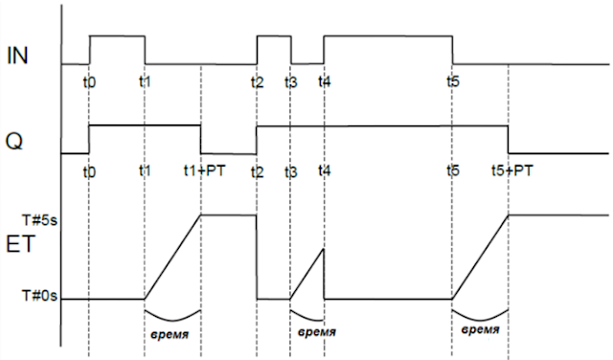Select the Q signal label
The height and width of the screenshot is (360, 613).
tap(15, 141)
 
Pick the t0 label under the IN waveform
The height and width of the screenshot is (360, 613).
tap(89, 81)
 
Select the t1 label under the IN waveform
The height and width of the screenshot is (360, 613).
tap(145, 81)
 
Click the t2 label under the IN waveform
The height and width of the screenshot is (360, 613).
tap(257, 81)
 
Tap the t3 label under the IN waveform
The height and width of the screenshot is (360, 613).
tap(291, 81)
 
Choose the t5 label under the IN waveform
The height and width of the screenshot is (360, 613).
tap(452, 81)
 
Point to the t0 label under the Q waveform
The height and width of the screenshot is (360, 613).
tap(89, 170)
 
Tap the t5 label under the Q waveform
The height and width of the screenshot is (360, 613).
tap(452, 170)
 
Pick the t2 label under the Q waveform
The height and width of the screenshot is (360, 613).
tap(257, 170)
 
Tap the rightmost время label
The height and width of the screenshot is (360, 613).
tap(480, 330)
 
